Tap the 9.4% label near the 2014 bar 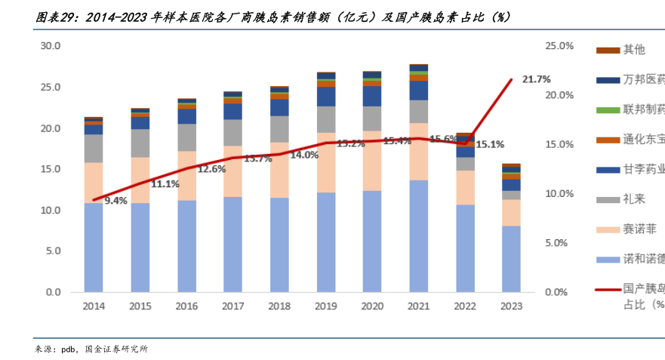(x=115, y=201)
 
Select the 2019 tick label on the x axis (x=326, y=306)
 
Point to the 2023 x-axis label (x=511, y=306)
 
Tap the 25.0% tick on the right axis (x=560, y=46)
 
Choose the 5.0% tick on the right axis (x=560, y=243)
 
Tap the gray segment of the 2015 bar (x=140, y=143)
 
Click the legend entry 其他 (x=633, y=50)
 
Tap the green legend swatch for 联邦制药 (x=608, y=110)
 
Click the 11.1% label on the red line (x=165, y=183)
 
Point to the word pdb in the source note (x=70, y=349)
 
